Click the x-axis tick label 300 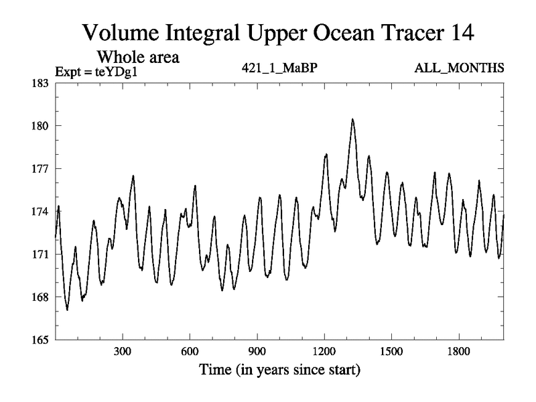tap(123, 352)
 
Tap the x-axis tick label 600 tap(190, 352)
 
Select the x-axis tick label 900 tap(257, 352)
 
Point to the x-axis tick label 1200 tap(324, 352)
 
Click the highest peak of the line tap(352, 119)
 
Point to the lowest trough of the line tap(67, 310)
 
